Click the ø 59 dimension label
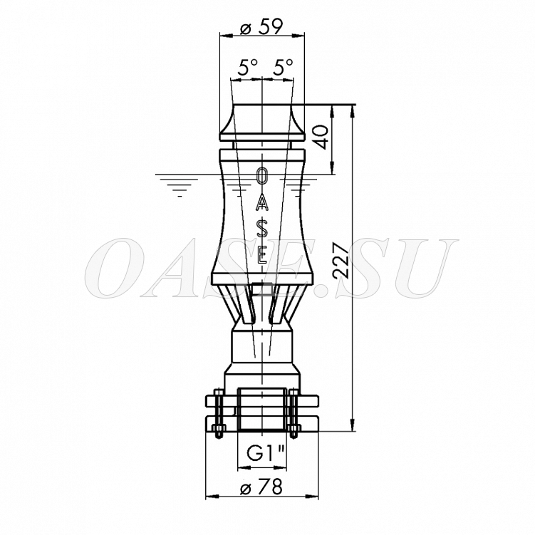click(261, 27)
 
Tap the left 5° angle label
click(247, 67)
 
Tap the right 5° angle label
click(283, 67)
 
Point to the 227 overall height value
click(341, 260)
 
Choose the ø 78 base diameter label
click(261, 487)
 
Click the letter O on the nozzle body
click(261, 177)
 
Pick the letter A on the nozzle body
click(261, 202)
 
